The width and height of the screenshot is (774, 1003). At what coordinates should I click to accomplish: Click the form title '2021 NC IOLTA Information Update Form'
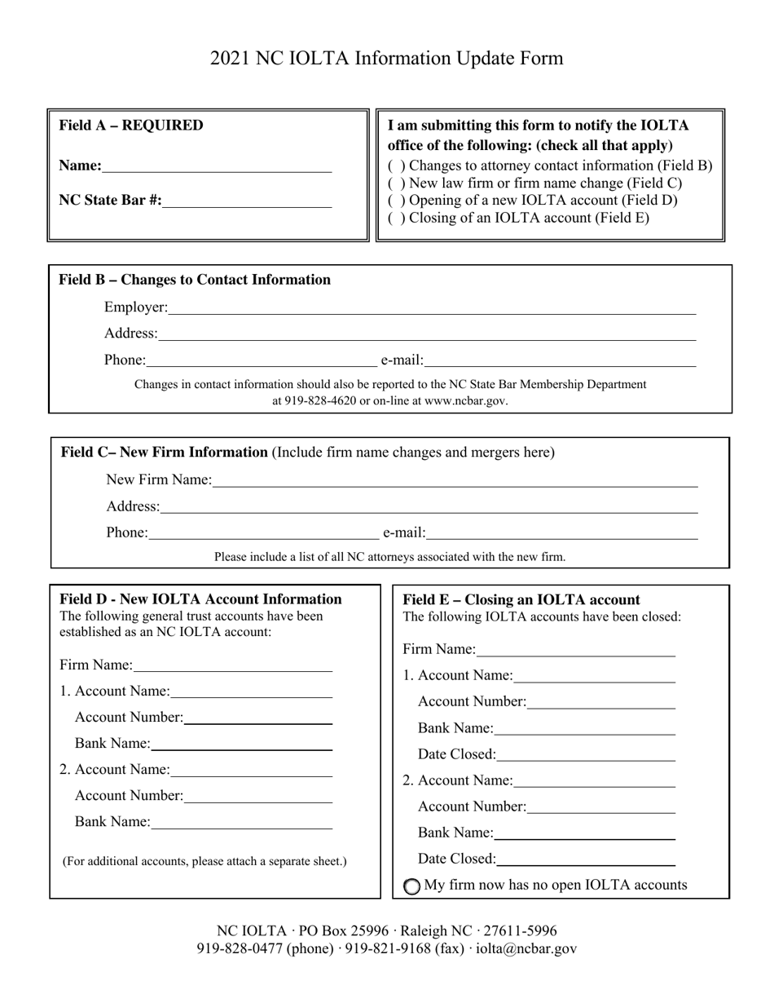pyautogui.click(x=386, y=59)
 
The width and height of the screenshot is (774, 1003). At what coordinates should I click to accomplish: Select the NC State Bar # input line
pyautogui.click(x=247, y=201)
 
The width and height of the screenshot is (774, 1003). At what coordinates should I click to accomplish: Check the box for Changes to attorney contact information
pyautogui.click(x=395, y=166)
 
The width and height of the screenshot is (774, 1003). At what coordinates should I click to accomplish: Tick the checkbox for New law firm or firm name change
pyautogui.click(x=395, y=183)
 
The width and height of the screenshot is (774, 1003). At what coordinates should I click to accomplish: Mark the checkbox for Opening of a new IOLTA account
pyautogui.click(x=395, y=201)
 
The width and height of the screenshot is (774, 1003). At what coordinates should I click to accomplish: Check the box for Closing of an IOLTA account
pyautogui.click(x=395, y=218)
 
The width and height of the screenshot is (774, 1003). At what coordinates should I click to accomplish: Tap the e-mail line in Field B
pyautogui.click(x=560, y=360)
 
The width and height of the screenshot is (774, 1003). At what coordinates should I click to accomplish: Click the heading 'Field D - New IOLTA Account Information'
pyautogui.click(x=200, y=599)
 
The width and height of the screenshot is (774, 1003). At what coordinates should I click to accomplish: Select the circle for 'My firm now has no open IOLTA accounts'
pyautogui.click(x=413, y=886)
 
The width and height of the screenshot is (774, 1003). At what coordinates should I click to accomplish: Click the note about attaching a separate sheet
pyautogui.click(x=204, y=861)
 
